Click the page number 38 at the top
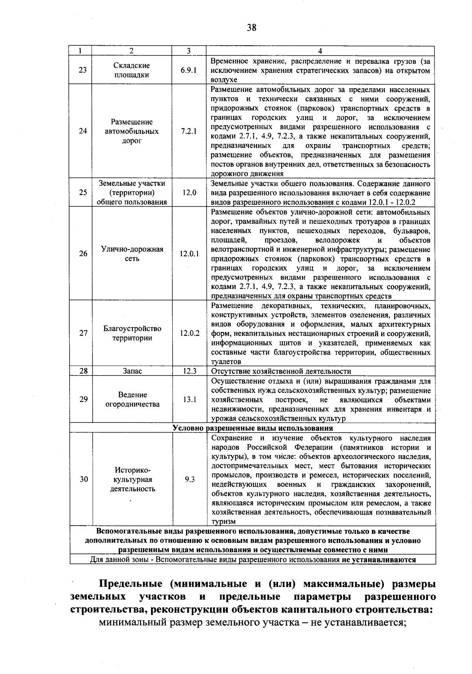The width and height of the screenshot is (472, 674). click(252, 27)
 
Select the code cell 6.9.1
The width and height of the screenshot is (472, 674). click(189, 70)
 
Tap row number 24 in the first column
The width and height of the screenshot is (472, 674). click(83, 131)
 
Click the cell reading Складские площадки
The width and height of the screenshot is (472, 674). click(132, 70)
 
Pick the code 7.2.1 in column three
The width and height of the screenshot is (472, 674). click(189, 131)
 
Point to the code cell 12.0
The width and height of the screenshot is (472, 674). click(189, 193)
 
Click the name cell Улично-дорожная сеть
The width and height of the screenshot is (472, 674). click(132, 254)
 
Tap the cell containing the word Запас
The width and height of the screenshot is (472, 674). click(132, 371)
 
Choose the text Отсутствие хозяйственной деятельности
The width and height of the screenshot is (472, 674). click(281, 371)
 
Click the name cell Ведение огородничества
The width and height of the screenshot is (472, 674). click(132, 399)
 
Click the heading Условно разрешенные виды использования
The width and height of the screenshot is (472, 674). click(253, 428)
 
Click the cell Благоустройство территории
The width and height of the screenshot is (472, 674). click(132, 333)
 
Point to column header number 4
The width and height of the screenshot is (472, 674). click(320, 51)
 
